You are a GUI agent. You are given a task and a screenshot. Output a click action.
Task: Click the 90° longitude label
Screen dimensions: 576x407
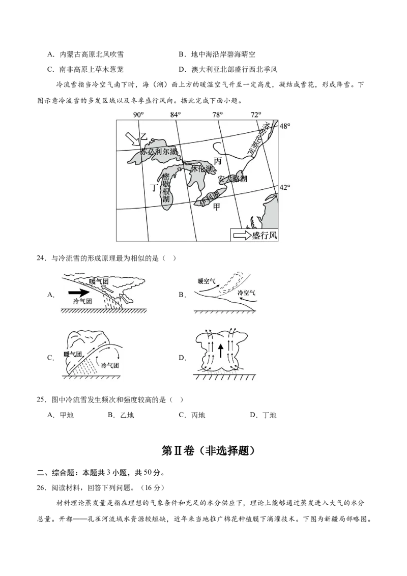[138, 114]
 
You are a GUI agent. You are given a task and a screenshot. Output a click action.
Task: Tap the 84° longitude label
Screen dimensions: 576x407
[176, 114]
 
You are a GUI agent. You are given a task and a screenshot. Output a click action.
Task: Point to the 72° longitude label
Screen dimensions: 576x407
[256, 114]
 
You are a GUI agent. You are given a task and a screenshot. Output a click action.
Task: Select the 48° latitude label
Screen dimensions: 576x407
[285, 125]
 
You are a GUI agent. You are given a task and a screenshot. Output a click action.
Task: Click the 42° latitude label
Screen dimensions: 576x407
[285, 187]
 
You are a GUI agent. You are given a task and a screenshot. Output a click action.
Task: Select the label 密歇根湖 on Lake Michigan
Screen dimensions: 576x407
[166, 188]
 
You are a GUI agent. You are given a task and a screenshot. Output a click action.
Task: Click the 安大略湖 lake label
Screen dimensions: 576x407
[232, 179]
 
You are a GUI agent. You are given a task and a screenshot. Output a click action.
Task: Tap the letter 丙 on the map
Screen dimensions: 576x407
[218, 161]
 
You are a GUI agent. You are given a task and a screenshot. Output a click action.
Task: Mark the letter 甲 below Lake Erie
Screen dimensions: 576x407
[217, 207]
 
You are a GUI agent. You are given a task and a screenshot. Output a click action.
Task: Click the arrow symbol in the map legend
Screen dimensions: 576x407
[241, 235]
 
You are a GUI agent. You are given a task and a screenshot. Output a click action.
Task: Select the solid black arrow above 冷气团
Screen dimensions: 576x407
[78, 293]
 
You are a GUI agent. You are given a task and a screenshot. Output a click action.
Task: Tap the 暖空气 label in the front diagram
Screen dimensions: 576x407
[207, 280]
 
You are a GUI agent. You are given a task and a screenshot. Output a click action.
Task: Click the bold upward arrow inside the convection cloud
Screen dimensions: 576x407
[220, 351]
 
